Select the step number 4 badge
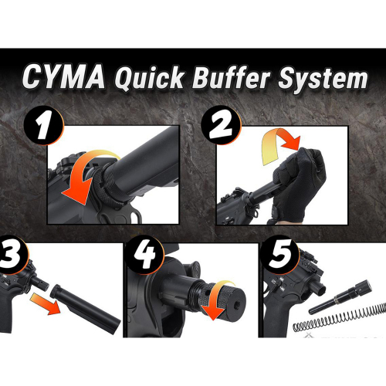144,257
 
